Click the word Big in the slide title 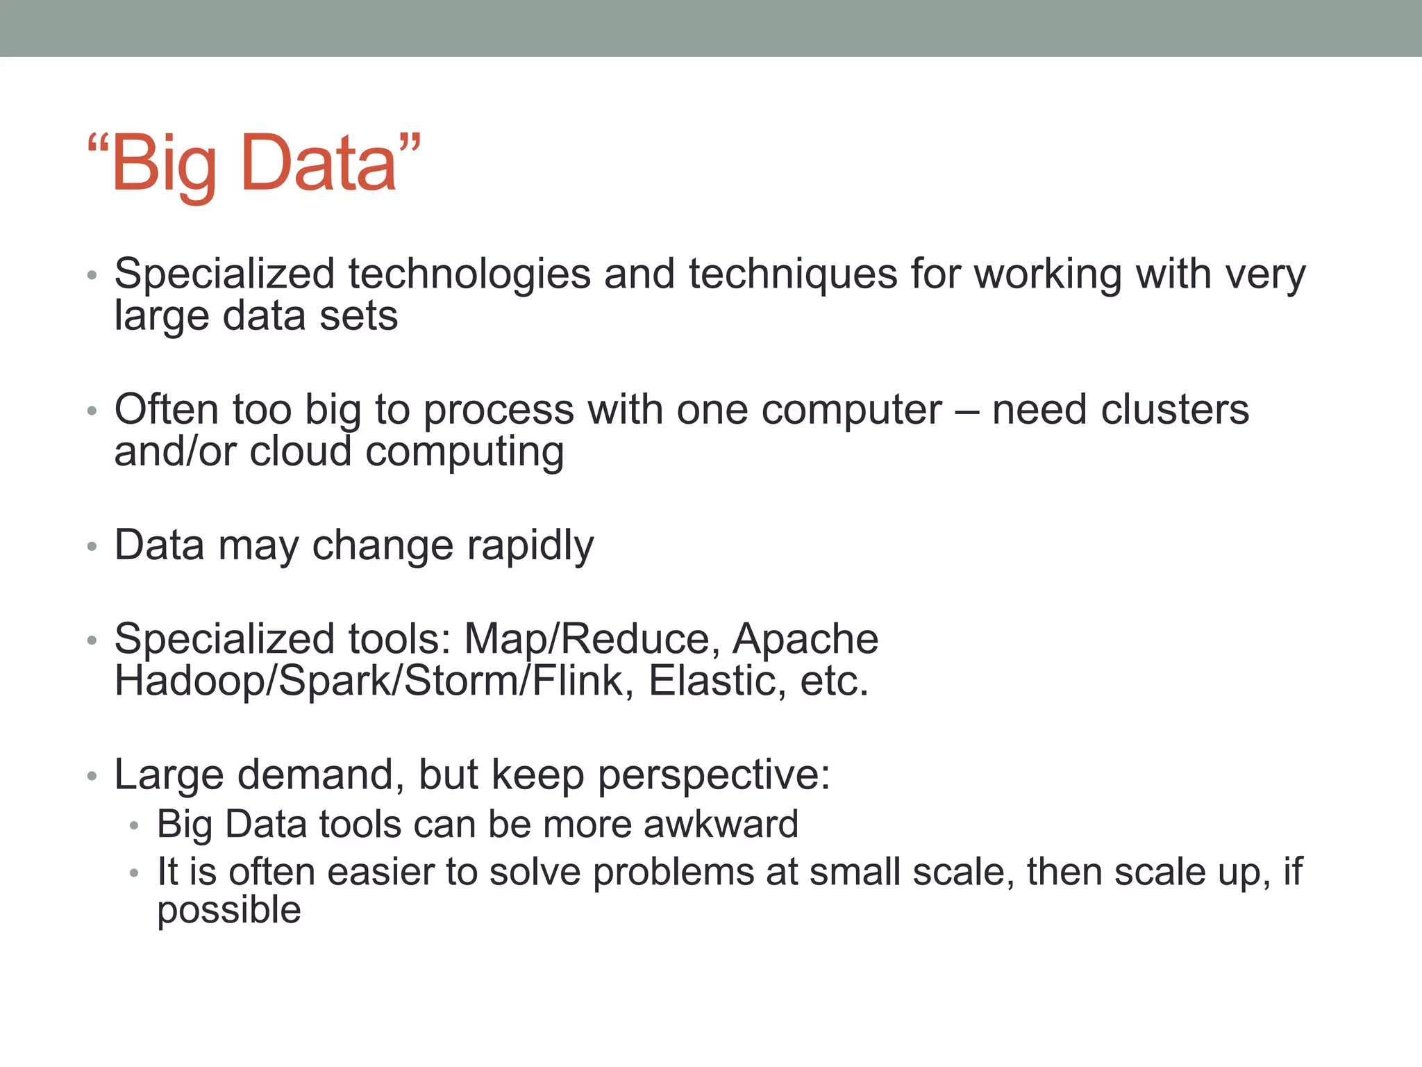tap(164, 164)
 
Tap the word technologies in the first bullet tap(469, 274)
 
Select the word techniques tap(793, 274)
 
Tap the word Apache tap(805, 639)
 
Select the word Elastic tap(712, 681)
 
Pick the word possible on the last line tap(229, 911)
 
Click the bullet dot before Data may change tap(92, 547)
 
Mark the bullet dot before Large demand tap(92, 776)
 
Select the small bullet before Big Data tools tap(134, 827)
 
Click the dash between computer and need tap(967, 411)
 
